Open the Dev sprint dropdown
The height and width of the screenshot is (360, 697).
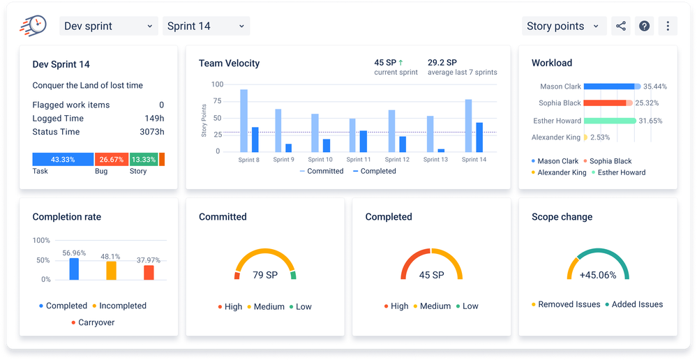point(108,27)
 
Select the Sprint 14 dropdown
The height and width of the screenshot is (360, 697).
point(206,27)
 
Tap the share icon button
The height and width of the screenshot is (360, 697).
point(620,27)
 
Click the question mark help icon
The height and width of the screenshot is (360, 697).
point(645,27)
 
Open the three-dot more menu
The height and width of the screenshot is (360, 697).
point(668,27)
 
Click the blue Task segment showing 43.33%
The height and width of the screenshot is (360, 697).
point(63,159)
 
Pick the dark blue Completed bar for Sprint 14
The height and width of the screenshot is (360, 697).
point(479,137)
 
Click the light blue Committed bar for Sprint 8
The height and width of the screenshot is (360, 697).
point(243,120)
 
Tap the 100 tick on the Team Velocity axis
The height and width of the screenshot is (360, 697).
point(217,84)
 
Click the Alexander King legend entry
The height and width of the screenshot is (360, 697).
point(559,172)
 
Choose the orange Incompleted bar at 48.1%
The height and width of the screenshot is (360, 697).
point(111,271)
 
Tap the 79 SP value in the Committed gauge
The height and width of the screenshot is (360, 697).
point(265,275)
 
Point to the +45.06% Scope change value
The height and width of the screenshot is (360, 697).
point(598,275)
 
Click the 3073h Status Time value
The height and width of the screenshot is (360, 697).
point(151,132)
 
